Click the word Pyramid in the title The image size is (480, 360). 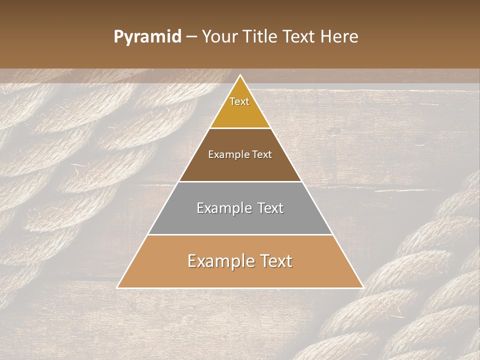(147, 37)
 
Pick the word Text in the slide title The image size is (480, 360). (301, 37)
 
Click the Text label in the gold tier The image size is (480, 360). (239, 101)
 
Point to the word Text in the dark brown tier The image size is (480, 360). (262, 154)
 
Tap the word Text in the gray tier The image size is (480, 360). (270, 208)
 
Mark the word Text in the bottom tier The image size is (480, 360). (275, 261)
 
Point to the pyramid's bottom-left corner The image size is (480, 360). (117, 287)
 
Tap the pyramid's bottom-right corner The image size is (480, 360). (363, 287)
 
